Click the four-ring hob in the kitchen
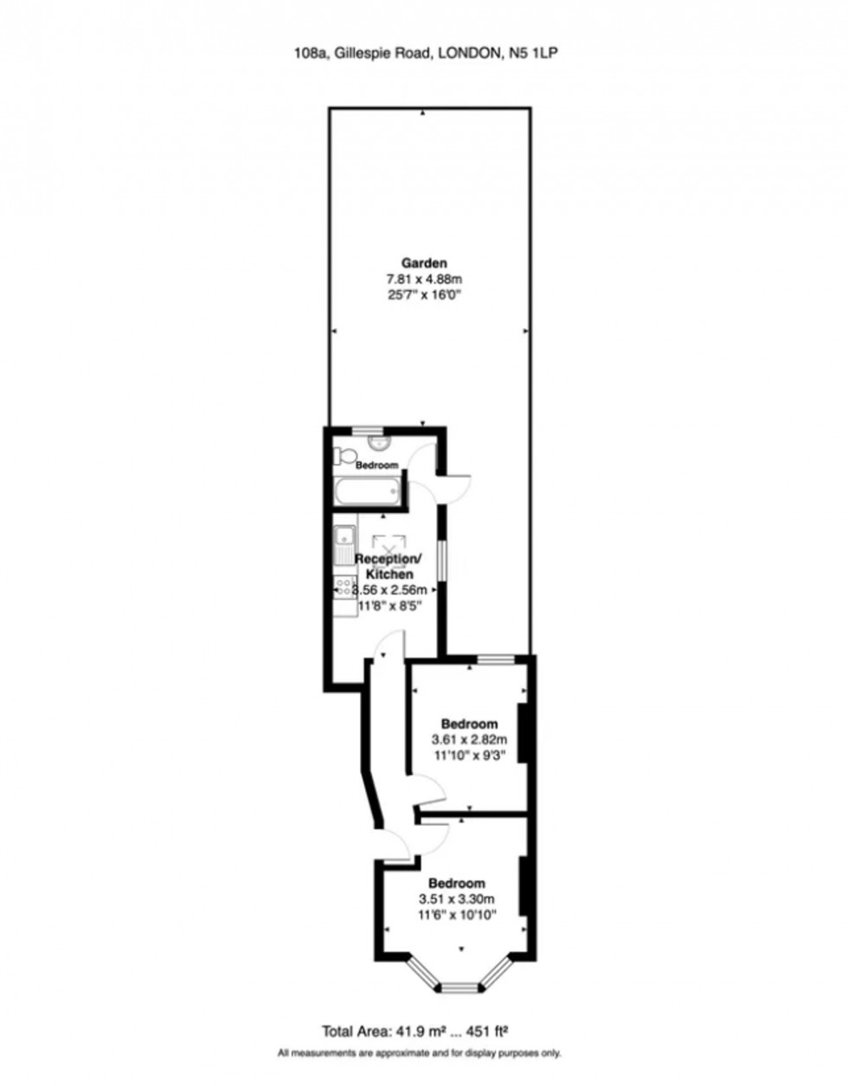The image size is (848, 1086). click(x=343, y=589)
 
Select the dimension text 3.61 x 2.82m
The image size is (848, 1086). click(x=468, y=740)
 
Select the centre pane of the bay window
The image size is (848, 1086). click(x=459, y=986)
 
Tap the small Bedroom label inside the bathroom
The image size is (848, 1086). click(x=376, y=466)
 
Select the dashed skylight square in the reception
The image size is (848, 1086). click(x=387, y=546)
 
